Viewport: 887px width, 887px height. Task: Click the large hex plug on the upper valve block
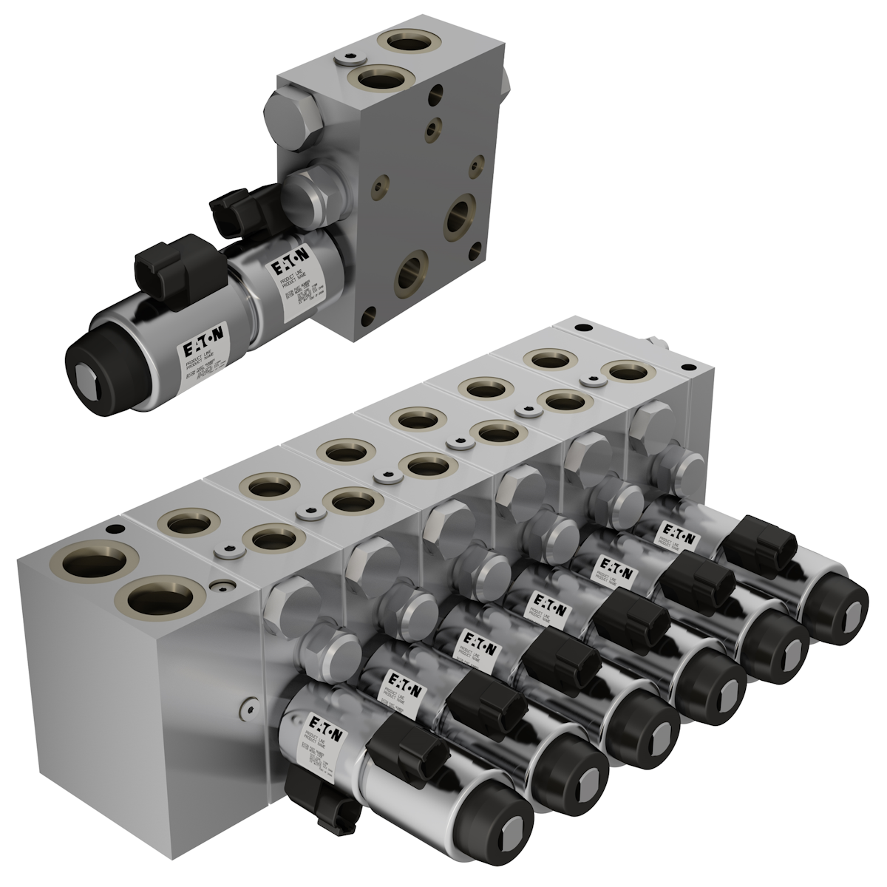pos(294,118)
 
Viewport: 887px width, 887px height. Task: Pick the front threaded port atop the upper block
pos(383,78)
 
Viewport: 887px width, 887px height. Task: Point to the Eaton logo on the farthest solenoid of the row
pos(677,533)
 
